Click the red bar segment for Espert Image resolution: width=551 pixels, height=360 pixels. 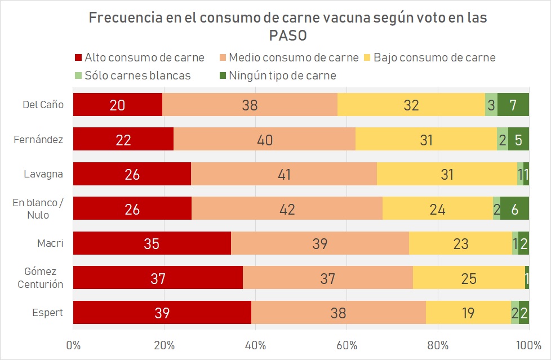coord(162,313)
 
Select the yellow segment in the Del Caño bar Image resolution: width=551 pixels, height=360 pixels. coord(411,104)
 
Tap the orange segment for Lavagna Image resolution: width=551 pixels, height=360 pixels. coord(284,174)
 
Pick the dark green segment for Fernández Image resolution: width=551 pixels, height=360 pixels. coord(518,139)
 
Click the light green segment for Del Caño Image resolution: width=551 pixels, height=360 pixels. coord(491,104)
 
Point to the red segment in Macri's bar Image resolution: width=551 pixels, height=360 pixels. coord(152,243)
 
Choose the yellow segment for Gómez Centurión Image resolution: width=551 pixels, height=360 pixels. coord(469,278)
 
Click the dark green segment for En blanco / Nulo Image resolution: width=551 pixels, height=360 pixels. coord(514,208)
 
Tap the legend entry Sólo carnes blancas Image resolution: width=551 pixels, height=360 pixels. coord(133,75)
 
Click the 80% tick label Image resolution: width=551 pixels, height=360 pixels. coord(438,345)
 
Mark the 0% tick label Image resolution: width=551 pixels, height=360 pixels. coord(73,345)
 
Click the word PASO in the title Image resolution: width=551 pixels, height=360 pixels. coord(288,35)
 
